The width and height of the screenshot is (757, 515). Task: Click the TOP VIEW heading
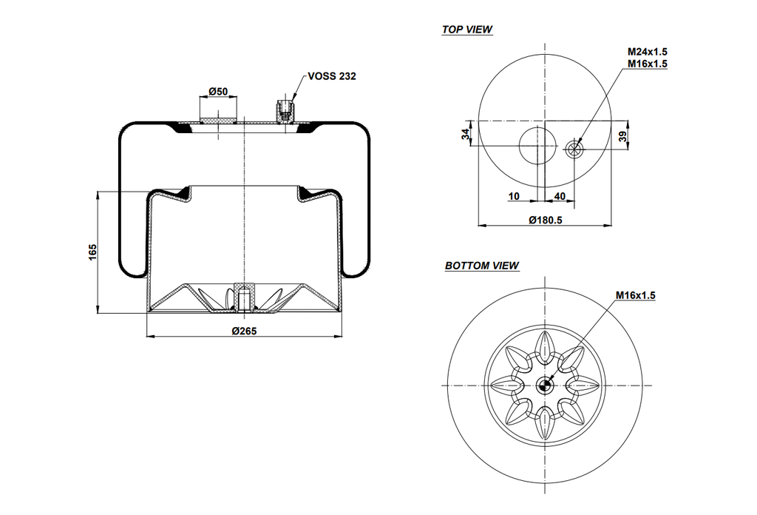click(467, 30)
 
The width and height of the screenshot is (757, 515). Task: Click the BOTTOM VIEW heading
click(481, 266)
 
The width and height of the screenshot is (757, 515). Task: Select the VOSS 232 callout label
click(332, 76)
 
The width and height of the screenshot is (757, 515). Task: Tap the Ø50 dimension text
click(218, 91)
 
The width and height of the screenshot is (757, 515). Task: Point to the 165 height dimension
click(92, 252)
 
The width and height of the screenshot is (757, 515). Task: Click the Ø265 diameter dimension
click(244, 331)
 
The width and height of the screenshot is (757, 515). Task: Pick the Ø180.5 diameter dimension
click(546, 220)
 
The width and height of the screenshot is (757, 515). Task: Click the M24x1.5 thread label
click(648, 52)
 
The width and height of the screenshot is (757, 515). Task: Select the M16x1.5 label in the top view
click(648, 64)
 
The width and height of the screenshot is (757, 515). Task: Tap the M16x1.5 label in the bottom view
click(635, 295)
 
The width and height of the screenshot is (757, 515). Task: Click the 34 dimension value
click(466, 134)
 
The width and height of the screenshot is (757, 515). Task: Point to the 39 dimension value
click(622, 136)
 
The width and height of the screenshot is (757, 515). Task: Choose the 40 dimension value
click(560, 196)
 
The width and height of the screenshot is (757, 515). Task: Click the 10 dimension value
click(515, 196)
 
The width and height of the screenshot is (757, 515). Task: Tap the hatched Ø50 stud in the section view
click(218, 119)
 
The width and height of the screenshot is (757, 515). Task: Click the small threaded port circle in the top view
click(574, 148)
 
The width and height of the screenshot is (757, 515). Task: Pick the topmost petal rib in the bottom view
click(545, 347)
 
